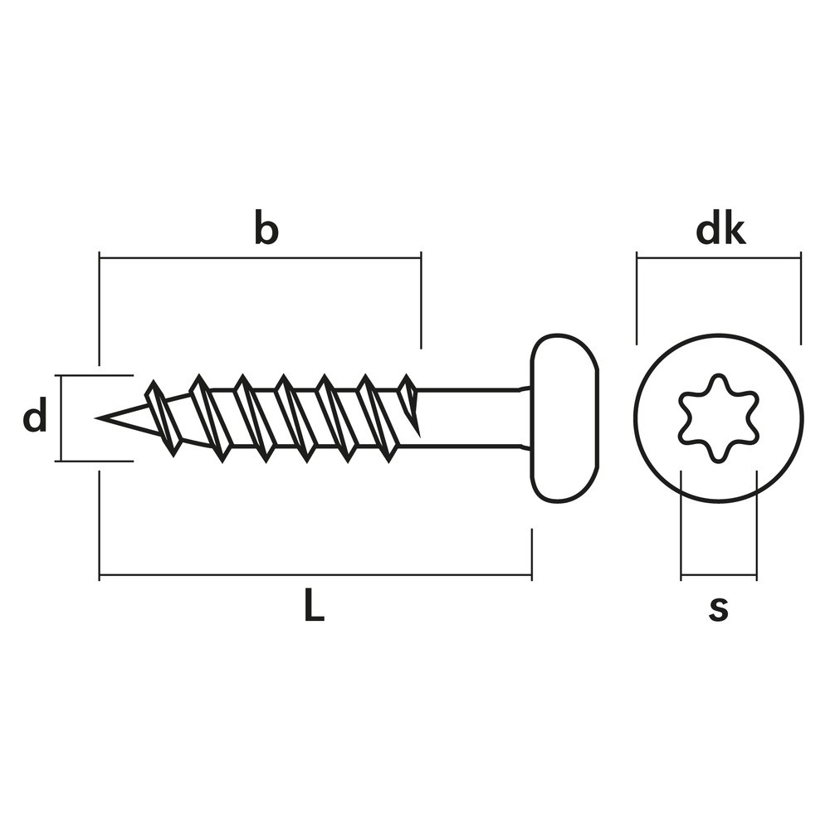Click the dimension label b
[x=266, y=227]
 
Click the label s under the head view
[x=719, y=608]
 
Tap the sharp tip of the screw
[x=96, y=418]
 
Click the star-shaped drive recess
[x=718, y=418]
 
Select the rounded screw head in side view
[x=564, y=418]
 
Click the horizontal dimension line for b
[x=260, y=259]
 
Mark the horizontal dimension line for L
[x=315, y=574]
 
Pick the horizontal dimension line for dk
[x=719, y=259]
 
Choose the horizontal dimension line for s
[x=719, y=574]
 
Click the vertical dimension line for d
[x=61, y=418]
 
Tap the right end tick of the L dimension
[x=531, y=554]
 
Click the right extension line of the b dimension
[x=422, y=300]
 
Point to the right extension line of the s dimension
[x=756, y=525]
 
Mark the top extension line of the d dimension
[x=95, y=375]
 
